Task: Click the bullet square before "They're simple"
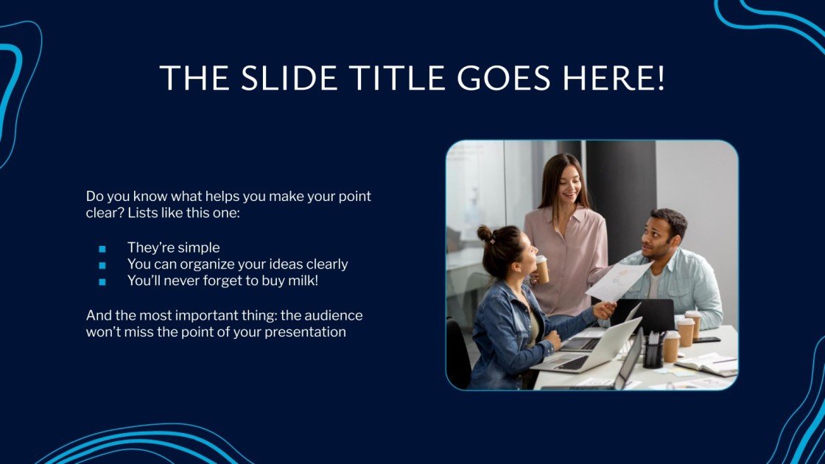[x=102, y=248]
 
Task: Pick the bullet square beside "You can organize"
[x=102, y=264]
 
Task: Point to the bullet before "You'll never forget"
[x=102, y=281]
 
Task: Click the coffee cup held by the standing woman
[x=541, y=269]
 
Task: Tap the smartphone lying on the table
[x=706, y=340]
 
